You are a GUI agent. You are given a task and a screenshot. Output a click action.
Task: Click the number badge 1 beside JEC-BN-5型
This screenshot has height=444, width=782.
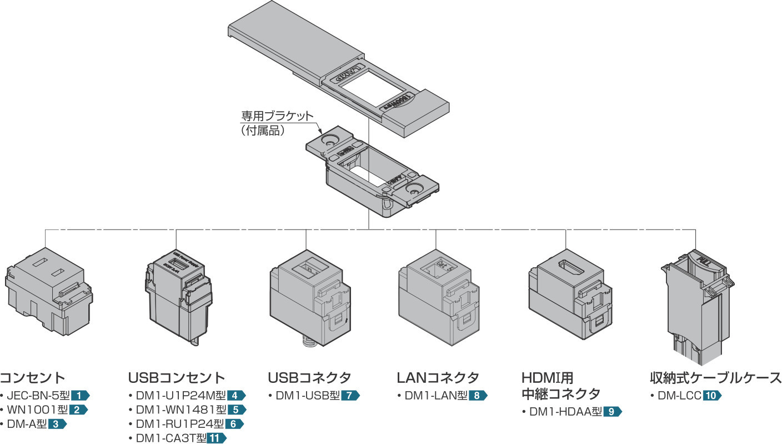(80, 396)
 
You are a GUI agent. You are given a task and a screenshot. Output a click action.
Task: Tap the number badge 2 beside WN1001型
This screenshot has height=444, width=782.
(79, 410)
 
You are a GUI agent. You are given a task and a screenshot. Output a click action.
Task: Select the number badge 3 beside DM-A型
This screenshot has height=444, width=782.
(57, 425)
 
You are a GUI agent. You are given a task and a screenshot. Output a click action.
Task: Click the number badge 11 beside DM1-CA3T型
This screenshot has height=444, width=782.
(216, 438)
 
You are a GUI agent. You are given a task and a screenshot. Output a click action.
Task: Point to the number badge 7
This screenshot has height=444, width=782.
(350, 396)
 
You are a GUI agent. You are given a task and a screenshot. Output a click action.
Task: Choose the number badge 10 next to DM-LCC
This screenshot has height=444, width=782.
(712, 396)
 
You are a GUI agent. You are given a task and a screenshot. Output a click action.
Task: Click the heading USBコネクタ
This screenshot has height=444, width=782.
(309, 378)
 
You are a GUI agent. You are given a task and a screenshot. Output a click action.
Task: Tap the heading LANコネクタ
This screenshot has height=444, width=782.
(438, 378)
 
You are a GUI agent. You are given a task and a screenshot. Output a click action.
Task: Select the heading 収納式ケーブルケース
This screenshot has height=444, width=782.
(715, 378)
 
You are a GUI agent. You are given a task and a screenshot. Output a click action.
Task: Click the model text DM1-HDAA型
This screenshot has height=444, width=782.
(565, 412)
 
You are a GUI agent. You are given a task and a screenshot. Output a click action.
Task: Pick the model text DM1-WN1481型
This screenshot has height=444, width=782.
(181, 410)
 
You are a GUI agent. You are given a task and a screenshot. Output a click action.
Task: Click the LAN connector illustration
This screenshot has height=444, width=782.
(437, 300)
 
